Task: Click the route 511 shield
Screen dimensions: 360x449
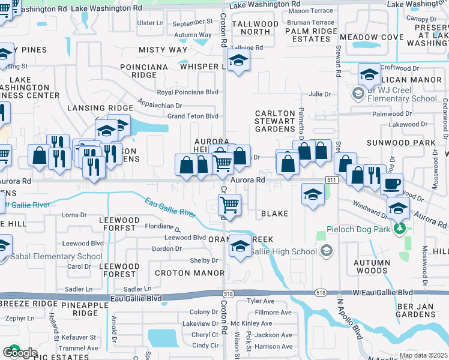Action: point(332,180)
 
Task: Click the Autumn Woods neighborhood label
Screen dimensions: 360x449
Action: point(372,266)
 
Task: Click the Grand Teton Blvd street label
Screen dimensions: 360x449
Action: point(192,116)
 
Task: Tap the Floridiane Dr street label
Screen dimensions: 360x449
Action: point(163,227)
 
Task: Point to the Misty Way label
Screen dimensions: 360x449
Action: point(163,50)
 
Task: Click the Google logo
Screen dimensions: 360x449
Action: point(19,353)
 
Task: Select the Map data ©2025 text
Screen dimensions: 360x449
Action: point(423,355)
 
